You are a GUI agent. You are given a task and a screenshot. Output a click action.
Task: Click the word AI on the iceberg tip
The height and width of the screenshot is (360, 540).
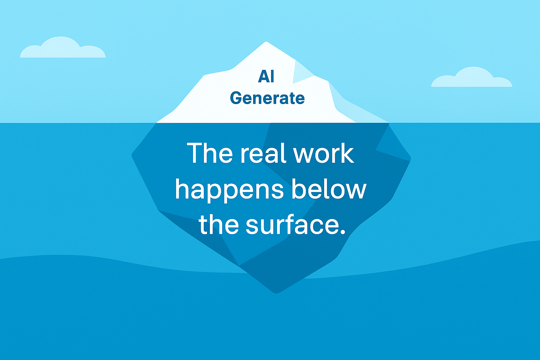point(266,76)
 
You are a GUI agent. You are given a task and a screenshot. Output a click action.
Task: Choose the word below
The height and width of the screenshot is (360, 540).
point(329,189)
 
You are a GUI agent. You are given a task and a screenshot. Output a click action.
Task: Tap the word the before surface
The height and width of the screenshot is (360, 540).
point(219,224)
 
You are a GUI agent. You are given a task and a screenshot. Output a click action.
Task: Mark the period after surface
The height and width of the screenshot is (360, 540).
point(343,232)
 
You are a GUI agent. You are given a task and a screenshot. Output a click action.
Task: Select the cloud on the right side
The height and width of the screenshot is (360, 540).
point(471,77)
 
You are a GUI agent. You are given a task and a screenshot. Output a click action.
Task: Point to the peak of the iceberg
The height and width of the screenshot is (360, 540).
point(266,42)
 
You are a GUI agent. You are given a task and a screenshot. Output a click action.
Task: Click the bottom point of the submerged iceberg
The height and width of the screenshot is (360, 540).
point(277,293)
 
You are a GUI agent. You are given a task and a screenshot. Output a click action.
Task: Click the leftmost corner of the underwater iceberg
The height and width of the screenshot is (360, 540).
point(132,155)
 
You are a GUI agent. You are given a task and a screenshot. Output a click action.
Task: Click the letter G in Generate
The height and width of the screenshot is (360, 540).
point(236,98)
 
